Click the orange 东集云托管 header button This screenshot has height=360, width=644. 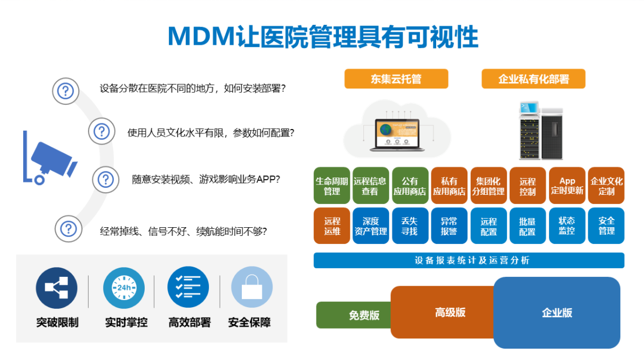(x=396, y=79)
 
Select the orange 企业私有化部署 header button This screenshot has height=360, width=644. (x=533, y=79)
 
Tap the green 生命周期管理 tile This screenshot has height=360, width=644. (x=332, y=186)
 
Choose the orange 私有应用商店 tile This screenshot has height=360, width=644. (x=449, y=186)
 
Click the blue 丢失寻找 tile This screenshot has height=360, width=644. (x=410, y=226)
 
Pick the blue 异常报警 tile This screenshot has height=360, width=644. (x=449, y=226)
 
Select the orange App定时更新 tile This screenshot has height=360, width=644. (x=567, y=186)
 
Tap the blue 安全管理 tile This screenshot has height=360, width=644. (x=606, y=226)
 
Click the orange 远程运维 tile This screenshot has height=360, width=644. (x=332, y=226)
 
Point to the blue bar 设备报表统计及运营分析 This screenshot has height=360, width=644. (x=469, y=260)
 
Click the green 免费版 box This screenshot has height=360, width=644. (x=354, y=315)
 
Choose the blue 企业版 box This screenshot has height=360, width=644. (x=557, y=313)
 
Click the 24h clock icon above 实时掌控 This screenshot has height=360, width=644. (x=124, y=288)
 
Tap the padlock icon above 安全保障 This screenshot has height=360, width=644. (x=252, y=287)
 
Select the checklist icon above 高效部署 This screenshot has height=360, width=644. (x=188, y=287)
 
